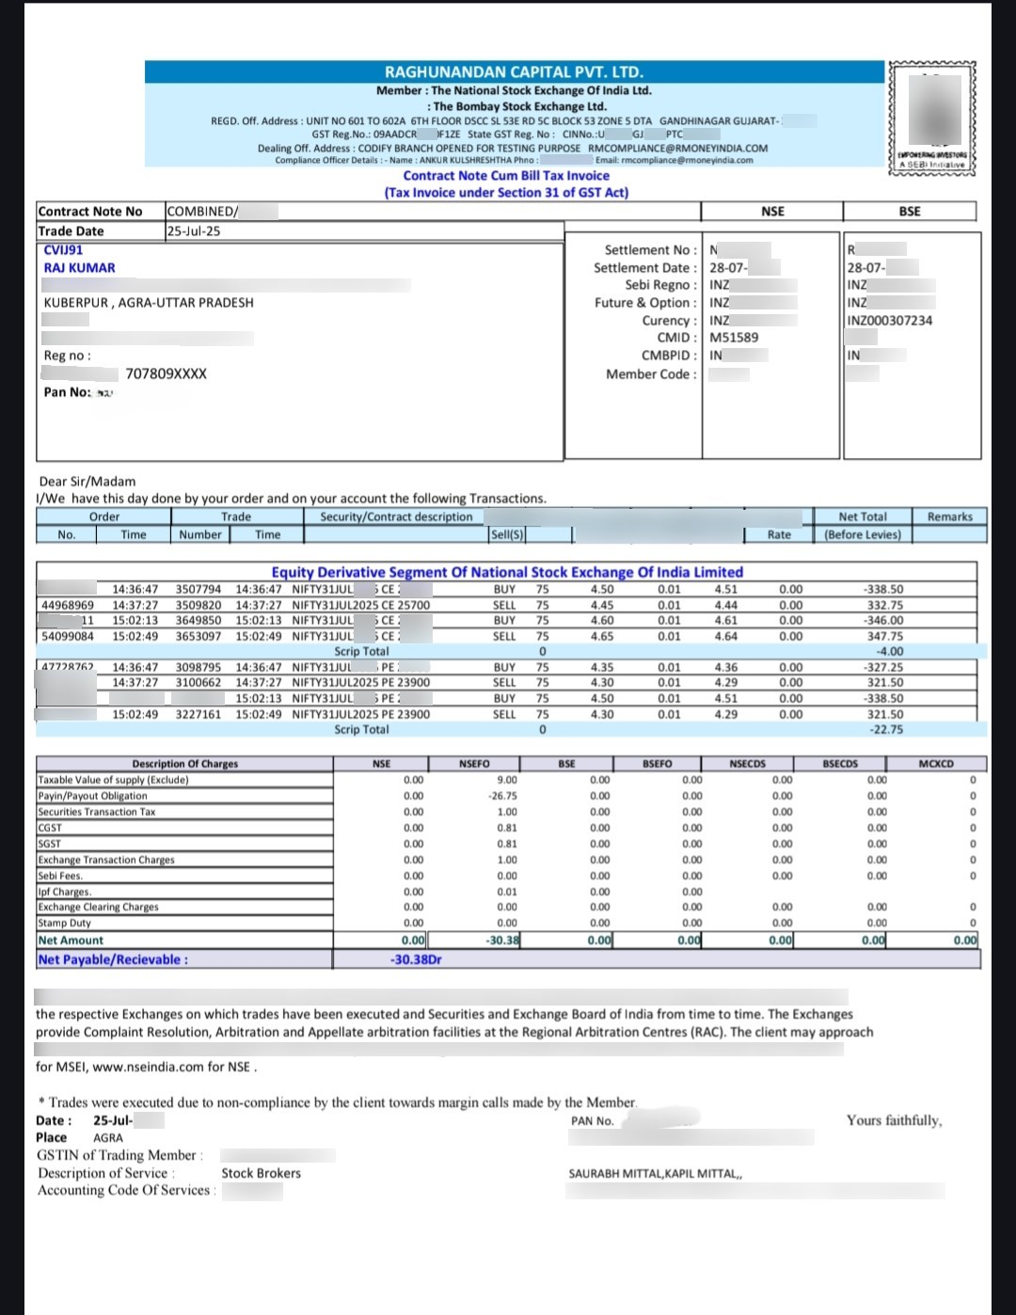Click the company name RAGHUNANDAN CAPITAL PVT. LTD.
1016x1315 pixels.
tap(514, 72)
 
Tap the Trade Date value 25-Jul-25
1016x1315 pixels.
tap(193, 231)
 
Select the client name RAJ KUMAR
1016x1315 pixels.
tap(80, 268)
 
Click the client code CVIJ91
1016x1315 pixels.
tap(63, 250)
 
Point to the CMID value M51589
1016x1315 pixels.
tap(734, 338)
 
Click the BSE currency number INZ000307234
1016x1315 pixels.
tap(889, 321)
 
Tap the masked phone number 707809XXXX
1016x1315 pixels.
tap(166, 374)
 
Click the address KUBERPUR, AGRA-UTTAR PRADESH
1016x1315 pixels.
tap(149, 303)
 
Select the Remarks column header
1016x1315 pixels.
tap(949, 517)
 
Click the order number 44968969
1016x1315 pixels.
tap(68, 606)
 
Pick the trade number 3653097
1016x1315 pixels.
tap(198, 637)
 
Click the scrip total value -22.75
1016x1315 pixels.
tap(886, 730)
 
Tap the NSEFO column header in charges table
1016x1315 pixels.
tap(474, 764)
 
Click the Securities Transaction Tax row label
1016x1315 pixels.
tap(97, 812)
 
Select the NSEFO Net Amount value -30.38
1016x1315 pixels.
tap(502, 940)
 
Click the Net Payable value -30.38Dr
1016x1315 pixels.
tap(416, 959)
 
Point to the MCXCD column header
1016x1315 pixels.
tap(935, 764)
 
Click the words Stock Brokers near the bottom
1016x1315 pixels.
tap(261, 1174)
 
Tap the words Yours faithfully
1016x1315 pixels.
tap(894, 1120)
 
